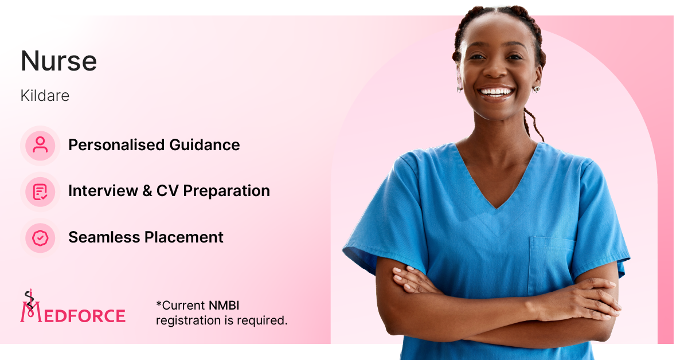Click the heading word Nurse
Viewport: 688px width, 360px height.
(58, 61)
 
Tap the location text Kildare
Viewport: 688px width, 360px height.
(45, 96)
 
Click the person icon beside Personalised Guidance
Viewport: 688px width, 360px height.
(40, 145)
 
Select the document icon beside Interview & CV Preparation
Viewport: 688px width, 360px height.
(40, 191)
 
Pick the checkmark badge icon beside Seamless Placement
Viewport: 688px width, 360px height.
(40, 238)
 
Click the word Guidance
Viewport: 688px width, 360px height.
(205, 144)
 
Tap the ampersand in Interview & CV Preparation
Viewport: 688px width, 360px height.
(147, 191)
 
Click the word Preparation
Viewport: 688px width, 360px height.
(226, 191)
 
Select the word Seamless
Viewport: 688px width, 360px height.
(104, 237)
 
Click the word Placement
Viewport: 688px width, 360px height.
(184, 237)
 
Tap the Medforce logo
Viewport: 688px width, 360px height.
(73, 307)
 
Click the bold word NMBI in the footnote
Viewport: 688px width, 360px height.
(224, 306)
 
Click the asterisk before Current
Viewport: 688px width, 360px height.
(159, 304)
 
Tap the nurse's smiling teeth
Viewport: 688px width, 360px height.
(496, 92)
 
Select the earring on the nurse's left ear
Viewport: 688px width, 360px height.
(536, 89)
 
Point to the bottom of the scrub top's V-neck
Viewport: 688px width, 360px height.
(497, 208)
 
